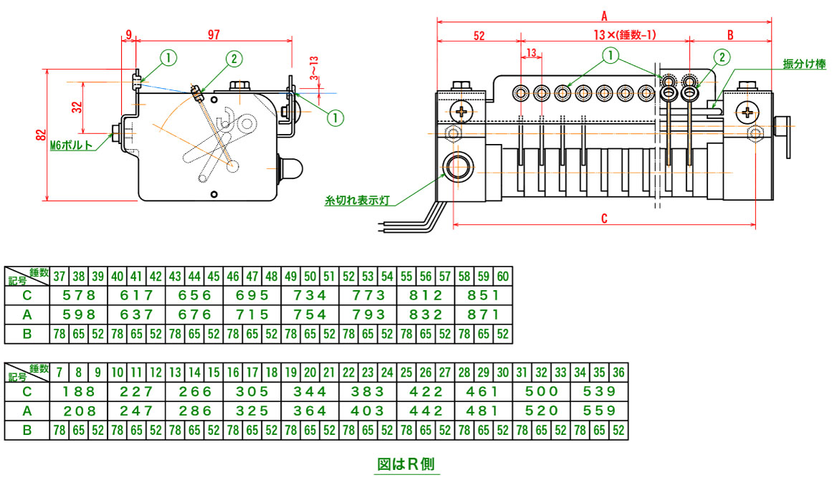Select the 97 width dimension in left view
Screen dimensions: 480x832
click(x=213, y=34)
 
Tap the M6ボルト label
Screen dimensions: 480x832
click(x=72, y=144)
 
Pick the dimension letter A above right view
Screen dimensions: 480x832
click(x=604, y=15)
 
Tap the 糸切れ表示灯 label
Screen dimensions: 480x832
click(x=356, y=202)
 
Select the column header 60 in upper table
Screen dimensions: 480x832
click(x=503, y=277)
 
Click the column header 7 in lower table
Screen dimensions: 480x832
click(x=59, y=373)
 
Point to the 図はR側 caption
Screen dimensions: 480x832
click(x=406, y=464)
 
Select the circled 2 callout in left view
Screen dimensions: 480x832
click(x=234, y=59)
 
